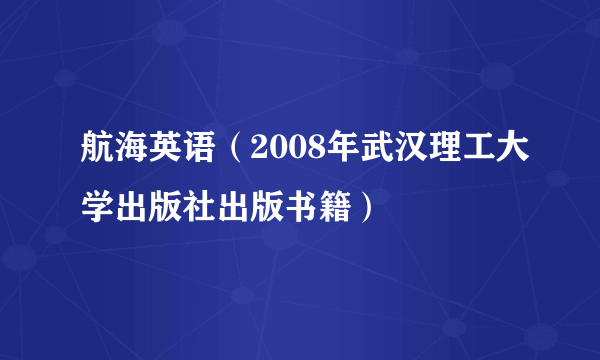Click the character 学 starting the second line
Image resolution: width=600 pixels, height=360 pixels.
coord(98,210)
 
